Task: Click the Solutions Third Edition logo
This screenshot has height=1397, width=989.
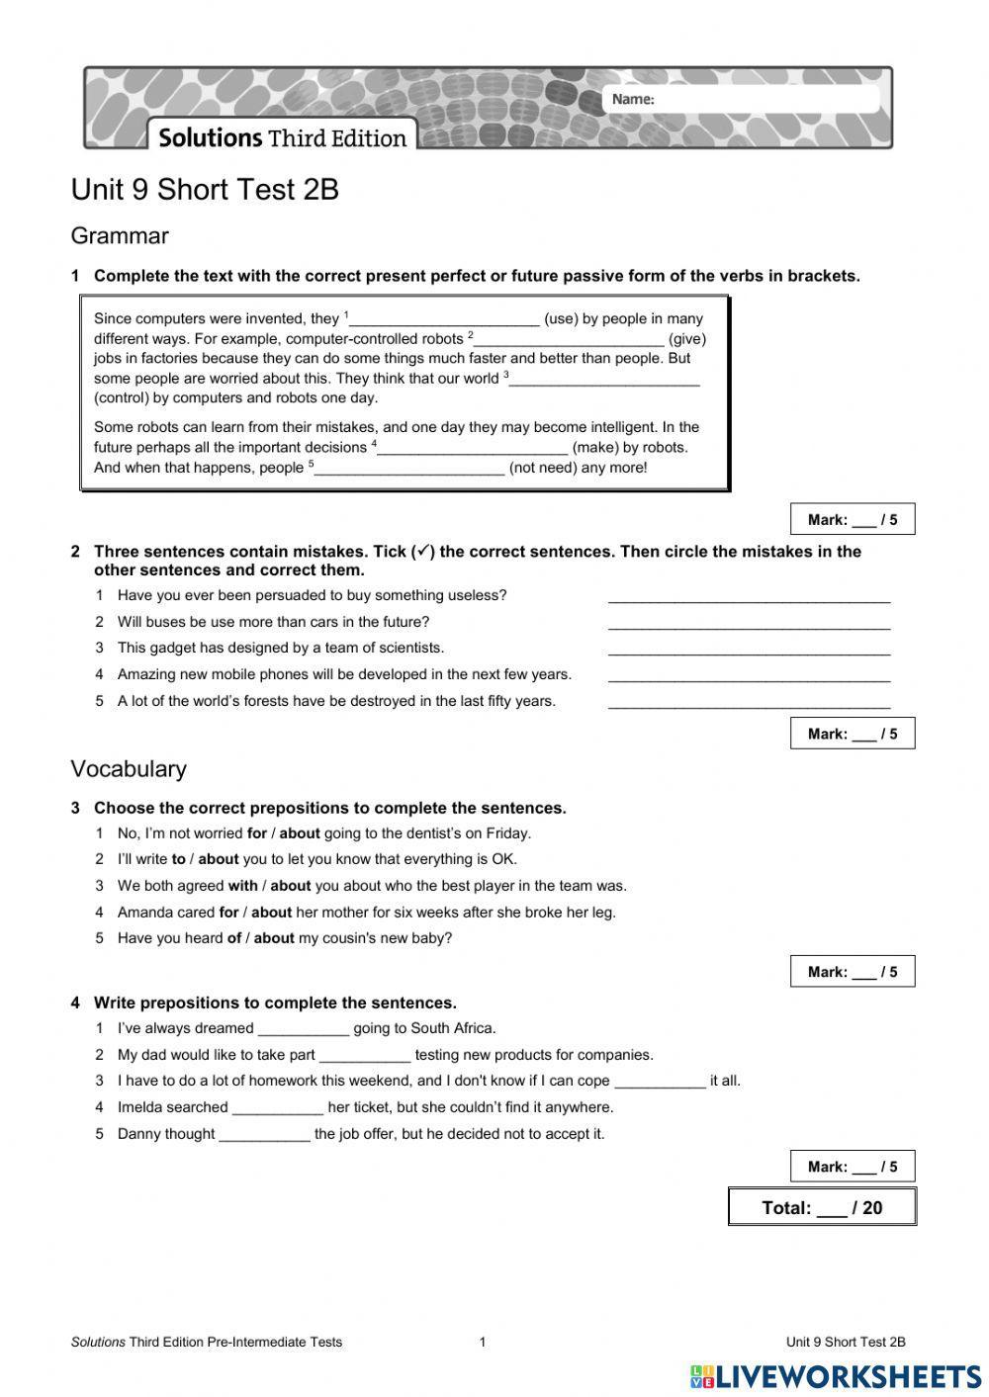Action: coord(282,137)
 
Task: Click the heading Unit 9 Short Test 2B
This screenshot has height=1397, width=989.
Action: coord(205,189)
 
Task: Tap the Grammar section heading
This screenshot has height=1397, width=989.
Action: coord(120,236)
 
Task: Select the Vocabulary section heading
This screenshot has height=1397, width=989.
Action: coord(129,768)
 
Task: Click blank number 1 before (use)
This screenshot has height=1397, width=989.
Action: coord(445,319)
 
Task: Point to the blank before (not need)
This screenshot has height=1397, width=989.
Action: coord(409,468)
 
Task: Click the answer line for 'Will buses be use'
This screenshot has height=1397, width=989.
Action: coord(749,623)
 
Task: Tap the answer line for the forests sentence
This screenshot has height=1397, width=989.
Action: coord(749,702)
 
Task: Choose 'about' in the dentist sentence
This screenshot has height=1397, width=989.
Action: coord(300,833)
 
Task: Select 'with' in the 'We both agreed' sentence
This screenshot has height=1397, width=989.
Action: coord(242,886)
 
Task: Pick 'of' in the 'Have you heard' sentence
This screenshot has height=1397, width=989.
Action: coord(234,938)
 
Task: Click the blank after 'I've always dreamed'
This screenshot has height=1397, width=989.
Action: coord(304,1029)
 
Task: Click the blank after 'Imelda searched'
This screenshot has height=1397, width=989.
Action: coord(278,1108)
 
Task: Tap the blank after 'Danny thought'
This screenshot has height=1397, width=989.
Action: coord(264,1135)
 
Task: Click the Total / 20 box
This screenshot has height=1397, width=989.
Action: coord(822,1207)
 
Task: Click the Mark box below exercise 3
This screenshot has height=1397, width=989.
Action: coord(852,972)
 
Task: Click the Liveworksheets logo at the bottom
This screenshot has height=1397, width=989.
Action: coord(836,1376)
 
